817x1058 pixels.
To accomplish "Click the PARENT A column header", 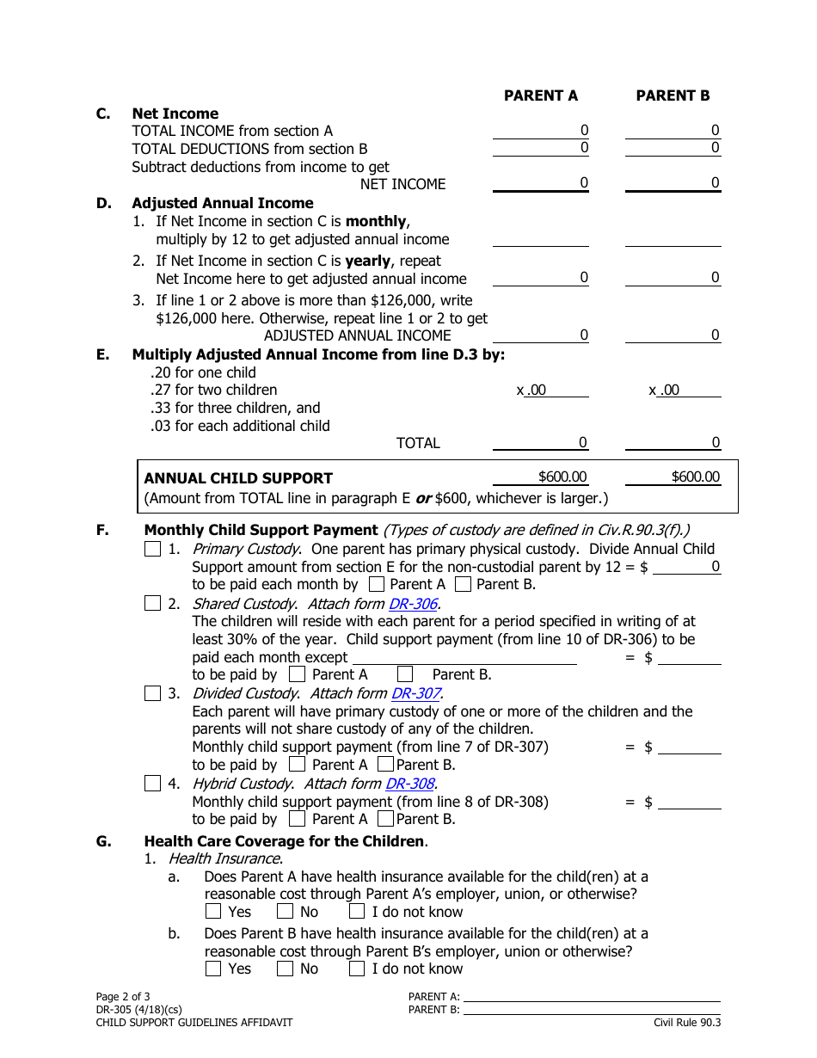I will point(540,95).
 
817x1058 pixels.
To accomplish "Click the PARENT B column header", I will point(673,95).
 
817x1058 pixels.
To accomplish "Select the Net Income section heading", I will point(175,114).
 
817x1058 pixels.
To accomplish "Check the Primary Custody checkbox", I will point(152,549).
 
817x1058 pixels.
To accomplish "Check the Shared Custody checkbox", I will point(152,604).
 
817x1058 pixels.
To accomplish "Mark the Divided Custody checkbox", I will point(152,693).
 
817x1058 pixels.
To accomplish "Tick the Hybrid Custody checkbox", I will point(152,784).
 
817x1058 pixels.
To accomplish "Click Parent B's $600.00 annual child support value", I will point(695,477).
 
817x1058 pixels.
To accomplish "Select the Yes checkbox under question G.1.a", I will point(214,912).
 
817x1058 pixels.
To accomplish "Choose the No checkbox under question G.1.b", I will point(286,969).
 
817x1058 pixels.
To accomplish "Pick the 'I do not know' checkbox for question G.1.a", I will point(357,912).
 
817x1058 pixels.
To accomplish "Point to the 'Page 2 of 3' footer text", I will point(123,998).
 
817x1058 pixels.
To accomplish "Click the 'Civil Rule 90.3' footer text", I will point(686,1022).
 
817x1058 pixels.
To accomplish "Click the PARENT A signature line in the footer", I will point(592,997).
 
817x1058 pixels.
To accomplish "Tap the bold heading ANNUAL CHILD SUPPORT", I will point(238,478).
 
